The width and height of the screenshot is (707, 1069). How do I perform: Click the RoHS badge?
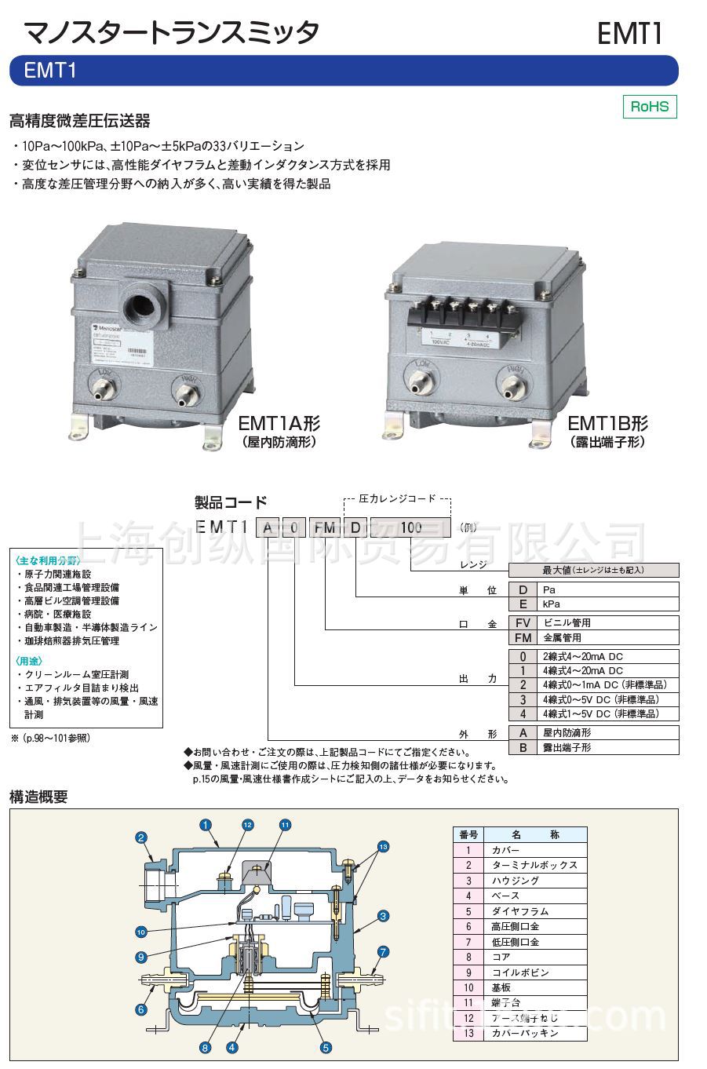649,107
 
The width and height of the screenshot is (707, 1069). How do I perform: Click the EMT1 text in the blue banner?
50,71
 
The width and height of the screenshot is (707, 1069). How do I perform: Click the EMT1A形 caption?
279,424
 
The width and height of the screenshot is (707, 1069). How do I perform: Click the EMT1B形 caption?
608,424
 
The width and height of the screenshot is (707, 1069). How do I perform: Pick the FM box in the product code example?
324,527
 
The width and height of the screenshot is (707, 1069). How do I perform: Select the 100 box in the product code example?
410,527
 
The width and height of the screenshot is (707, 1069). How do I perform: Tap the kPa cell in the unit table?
549,604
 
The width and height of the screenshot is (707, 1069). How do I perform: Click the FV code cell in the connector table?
523,622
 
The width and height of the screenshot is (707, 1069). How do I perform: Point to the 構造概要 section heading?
38,797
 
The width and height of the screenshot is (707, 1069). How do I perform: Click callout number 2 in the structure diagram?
142,837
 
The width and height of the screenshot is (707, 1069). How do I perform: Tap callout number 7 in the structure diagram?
383,952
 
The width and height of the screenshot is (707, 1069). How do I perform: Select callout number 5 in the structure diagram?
326,1047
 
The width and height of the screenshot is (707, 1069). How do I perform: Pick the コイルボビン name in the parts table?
519,972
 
